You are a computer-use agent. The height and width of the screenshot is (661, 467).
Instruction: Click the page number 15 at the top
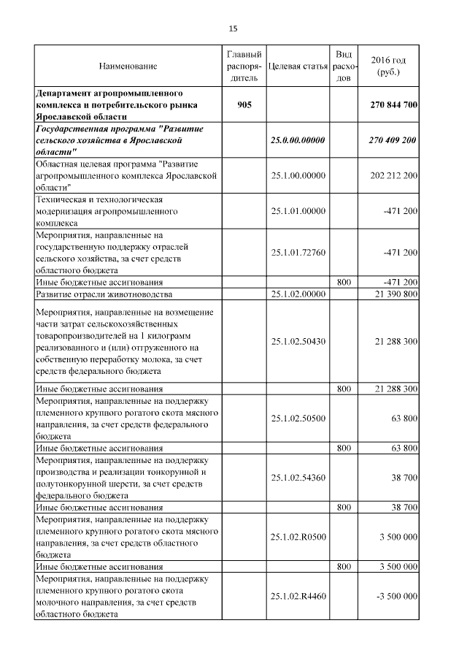click(x=233, y=28)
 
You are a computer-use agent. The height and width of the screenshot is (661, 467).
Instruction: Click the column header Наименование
click(x=128, y=66)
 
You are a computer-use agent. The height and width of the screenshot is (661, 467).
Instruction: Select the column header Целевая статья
click(x=298, y=66)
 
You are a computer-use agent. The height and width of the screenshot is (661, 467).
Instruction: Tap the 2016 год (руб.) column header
click(x=388, y=66)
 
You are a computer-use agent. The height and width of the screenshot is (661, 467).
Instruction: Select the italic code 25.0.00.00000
click(x=298, y=140)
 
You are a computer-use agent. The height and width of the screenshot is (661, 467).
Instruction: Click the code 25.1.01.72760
click(x=298, y=252)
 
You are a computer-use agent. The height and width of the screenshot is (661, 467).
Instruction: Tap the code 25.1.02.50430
click(x=298, y=341)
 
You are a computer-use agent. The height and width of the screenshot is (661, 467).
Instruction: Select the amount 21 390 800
click(x=393, y=294)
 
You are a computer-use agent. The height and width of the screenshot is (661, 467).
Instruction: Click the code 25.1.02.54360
click(x=298, y=477)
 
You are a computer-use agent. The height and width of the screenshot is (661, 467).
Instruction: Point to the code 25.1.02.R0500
click(x=298, y=537)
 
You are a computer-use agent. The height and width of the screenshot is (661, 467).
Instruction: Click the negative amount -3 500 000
click(x=395, y=596)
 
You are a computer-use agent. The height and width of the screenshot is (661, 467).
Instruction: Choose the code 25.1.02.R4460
click(x=298, y=596)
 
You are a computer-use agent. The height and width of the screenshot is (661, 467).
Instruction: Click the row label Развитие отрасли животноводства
click(x=104, y=294)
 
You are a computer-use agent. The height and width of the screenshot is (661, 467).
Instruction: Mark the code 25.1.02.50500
click(x=298, y=418)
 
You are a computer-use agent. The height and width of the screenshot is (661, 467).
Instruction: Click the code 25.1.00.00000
click(x=298, y=176)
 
